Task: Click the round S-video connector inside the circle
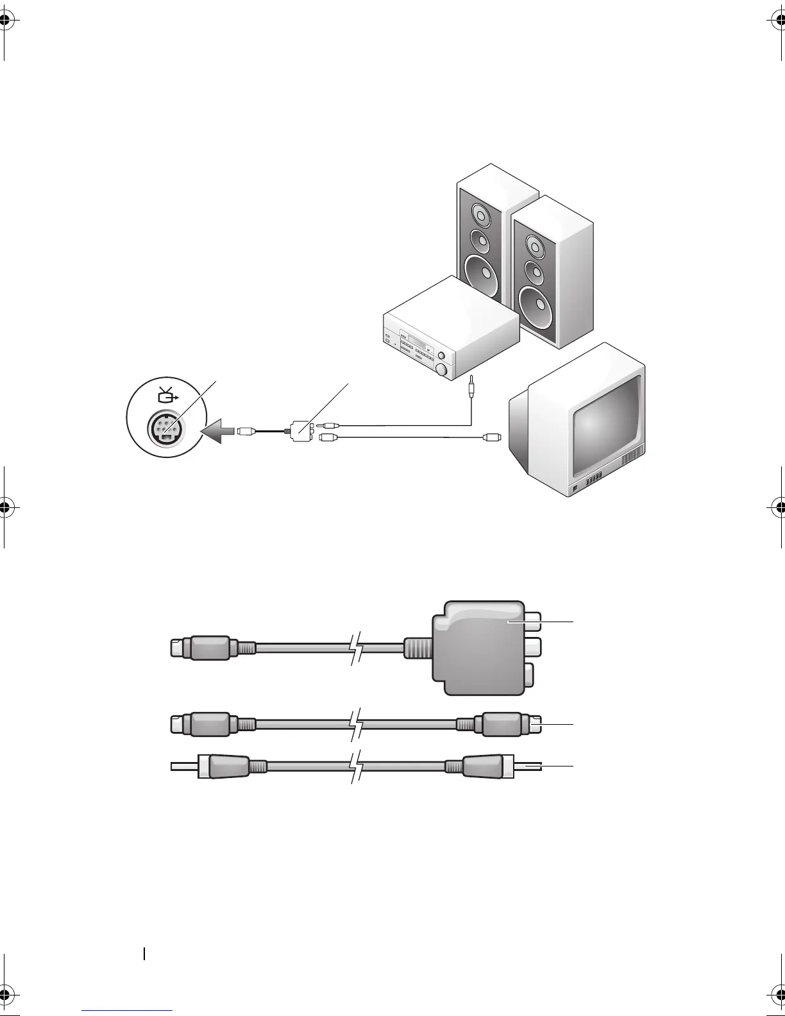pos(165,428)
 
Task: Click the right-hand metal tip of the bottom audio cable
pos(528,766)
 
